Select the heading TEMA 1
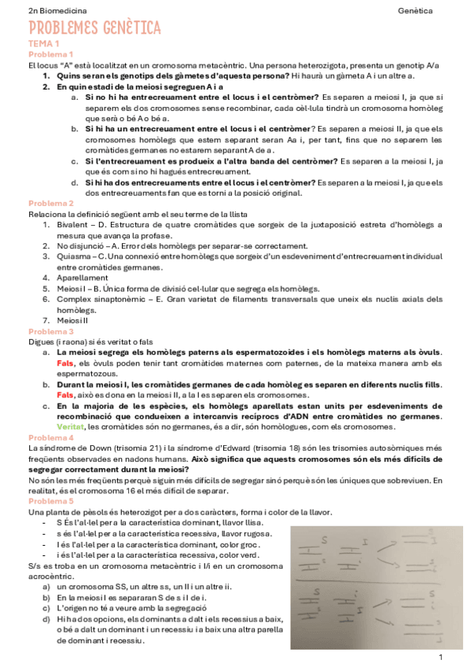point(43,45)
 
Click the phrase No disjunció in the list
point(81,245)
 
